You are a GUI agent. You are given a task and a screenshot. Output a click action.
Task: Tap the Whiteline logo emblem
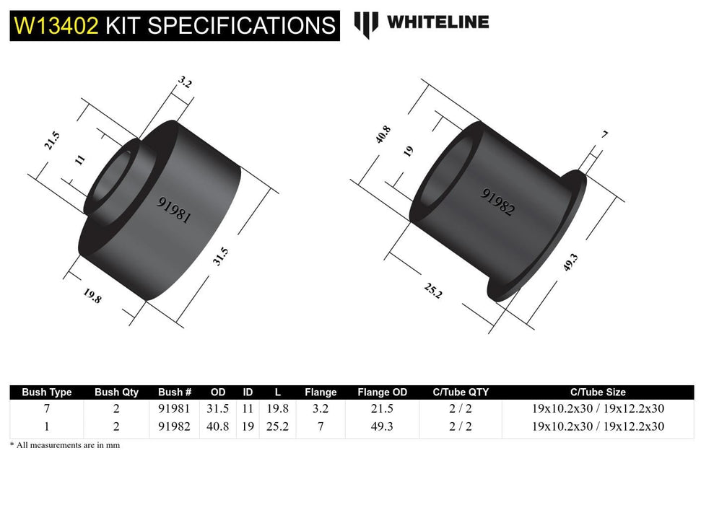pyautogui.click(x=366, y=24)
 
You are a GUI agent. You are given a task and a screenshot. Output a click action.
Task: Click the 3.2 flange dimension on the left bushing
pyautogui.click(x=184, y=83)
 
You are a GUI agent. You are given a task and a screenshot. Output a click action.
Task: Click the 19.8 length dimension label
pyautogui.click(x=92, y=295)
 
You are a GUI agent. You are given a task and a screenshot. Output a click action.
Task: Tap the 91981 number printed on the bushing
pyautogui.click(x=174, y=210)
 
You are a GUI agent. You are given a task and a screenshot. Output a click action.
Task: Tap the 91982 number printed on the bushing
pyautogui.click(x=498, y=203)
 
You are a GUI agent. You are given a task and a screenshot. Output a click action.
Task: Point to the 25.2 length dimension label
pyautogui.click(x=432, y=290)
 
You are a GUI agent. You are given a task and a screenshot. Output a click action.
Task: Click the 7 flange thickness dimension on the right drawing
pyautogui.click(x=604, y=135)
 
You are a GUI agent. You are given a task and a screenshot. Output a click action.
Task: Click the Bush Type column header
pyautogui.click(x=47, y=392)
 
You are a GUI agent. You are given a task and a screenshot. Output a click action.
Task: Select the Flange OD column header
pyautogui.click(x=382, y=392)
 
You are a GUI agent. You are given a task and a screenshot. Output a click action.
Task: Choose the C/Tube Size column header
pyautogui.click(x=598, y=392)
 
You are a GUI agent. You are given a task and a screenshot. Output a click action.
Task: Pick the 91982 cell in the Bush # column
pyautogui.click(x=174, y=426)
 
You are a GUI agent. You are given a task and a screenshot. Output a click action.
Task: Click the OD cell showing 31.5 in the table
pyautogui.click(x=217, y=408)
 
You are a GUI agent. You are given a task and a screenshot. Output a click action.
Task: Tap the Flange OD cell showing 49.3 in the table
pyautogui.click(x=382, y=426)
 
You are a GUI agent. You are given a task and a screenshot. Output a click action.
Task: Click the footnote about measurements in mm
pyautogui.click(x=65, y=445)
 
